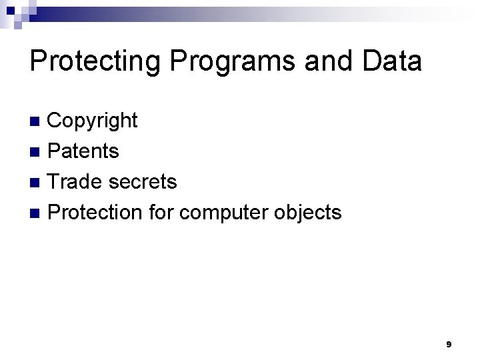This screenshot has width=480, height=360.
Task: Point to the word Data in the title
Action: click(393, 61)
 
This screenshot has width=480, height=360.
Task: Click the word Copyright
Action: click(93, 121)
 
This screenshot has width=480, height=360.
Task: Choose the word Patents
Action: click(84, 151)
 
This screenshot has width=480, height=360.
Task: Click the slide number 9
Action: click(449, 345)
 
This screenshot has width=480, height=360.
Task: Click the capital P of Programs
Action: click(179, 61)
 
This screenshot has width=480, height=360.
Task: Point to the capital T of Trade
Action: click(55, 181)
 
